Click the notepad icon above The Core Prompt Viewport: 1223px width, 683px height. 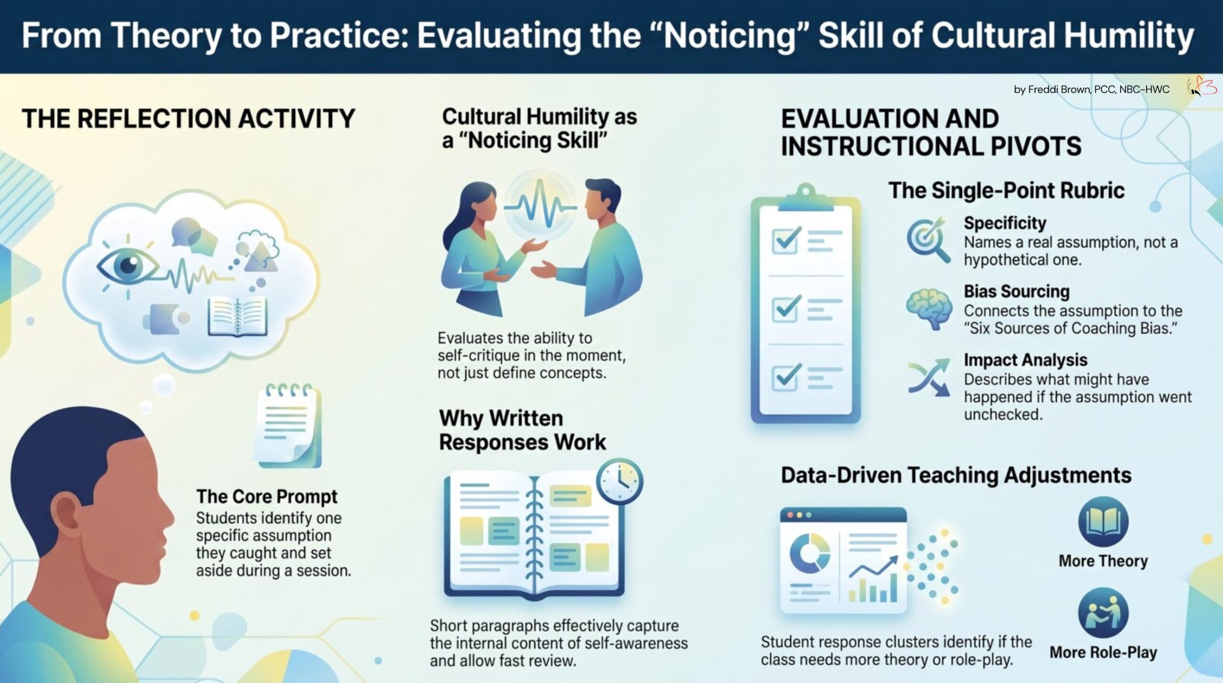tap(290, 425)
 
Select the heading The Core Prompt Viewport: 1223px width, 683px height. tap(267, 497)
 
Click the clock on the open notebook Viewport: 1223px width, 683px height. tap(619, 481)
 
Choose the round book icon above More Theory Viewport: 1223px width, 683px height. tap(1104, 521)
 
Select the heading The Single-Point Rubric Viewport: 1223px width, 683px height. tap(1007, 190)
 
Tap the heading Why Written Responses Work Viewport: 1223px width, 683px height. tap(523, 430)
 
